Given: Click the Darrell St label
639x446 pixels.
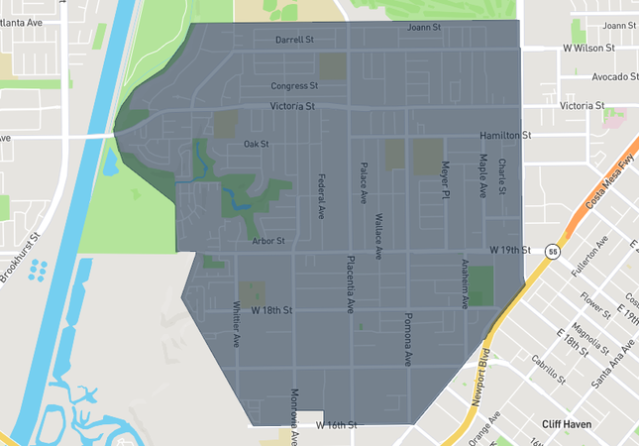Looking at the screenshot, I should [294, 41].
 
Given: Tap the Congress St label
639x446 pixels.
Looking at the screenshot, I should [293, 86].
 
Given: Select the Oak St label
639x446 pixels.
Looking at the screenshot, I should [257, 145].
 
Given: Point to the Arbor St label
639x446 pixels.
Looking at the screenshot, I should [267, 241].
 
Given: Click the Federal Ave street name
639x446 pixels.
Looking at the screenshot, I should [321, 196].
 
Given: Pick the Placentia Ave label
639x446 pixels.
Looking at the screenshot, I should [350, 284].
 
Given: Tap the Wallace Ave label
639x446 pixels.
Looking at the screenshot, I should [377, 235].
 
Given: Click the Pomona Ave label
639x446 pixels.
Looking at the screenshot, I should [407, 340].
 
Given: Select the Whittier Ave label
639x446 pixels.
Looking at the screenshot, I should [237, 324].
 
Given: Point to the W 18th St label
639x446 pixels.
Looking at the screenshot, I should [272, 310].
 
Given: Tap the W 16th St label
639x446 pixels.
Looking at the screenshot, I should [336, 425].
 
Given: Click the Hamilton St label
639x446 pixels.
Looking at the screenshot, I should [505, 135].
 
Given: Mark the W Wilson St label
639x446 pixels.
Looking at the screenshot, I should [588, 48].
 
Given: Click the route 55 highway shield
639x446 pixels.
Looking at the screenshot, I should [552, 253].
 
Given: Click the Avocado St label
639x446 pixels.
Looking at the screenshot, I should [614, 77].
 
